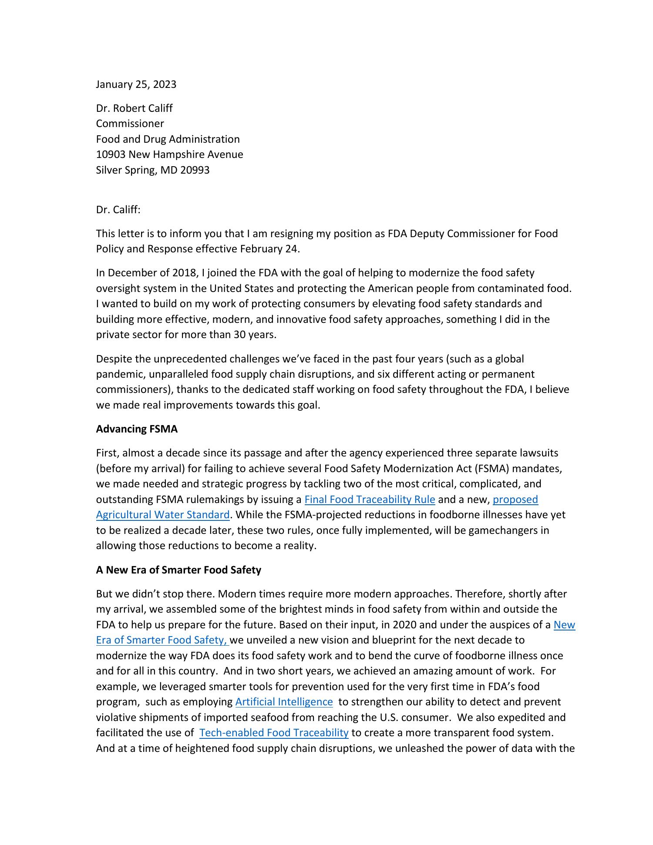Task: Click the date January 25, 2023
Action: tap(136, 84)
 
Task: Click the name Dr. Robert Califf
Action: tap(134, 108)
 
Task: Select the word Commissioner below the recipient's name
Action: tap(130, 124)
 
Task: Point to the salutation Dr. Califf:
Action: tap(118, 210)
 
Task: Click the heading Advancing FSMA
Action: tap(137, 429)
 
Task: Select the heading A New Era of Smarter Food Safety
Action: tap(178, 570)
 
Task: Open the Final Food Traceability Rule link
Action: tap(370, 500)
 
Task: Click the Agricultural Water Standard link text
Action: tap(162, 515)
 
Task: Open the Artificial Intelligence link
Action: tap(284, 702)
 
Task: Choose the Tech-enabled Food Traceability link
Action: tap(274, 733)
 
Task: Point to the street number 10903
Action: tap(111, 154)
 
